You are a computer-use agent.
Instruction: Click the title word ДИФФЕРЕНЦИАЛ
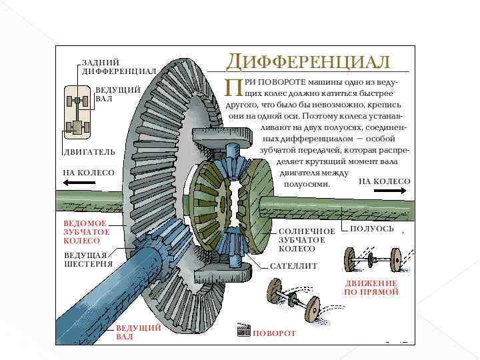click(308, 61)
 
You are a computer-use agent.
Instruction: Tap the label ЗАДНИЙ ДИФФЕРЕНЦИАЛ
click(119, 67)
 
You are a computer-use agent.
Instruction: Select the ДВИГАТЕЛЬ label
click(89, 152)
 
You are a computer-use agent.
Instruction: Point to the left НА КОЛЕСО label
click(89, 173)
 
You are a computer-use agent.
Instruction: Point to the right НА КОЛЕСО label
click(385, 181)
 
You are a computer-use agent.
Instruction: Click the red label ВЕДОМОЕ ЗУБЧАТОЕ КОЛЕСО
click(86, 231)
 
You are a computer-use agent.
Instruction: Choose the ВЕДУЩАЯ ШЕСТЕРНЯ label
click(88, 259)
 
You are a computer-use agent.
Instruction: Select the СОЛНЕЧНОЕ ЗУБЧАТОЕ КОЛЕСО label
click(307, 239)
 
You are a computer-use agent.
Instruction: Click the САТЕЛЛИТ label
click(294, 266)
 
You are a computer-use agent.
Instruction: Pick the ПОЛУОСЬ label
click(372, 229)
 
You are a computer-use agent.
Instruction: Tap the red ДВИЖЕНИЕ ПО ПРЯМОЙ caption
click(371, 287)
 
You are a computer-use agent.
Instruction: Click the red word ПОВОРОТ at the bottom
click(274, 333)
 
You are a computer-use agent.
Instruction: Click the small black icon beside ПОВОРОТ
click(243, 331)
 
